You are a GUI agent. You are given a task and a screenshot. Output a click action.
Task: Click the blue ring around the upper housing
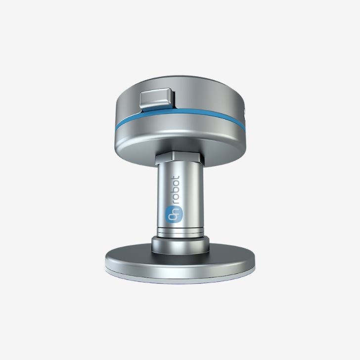pyautogui.click(x=180, y=118)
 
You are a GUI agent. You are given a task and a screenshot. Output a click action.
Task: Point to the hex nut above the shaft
pyautogui.click(x=180, y=157)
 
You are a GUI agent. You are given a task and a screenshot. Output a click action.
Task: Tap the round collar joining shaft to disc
pyautogui.click(x=180, y=245)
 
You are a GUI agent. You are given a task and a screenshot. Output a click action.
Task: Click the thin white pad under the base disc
pyautogui.click(x=180, y=276)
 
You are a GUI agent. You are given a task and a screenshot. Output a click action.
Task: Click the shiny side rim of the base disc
pyautogui.click(x=180, y=269)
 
